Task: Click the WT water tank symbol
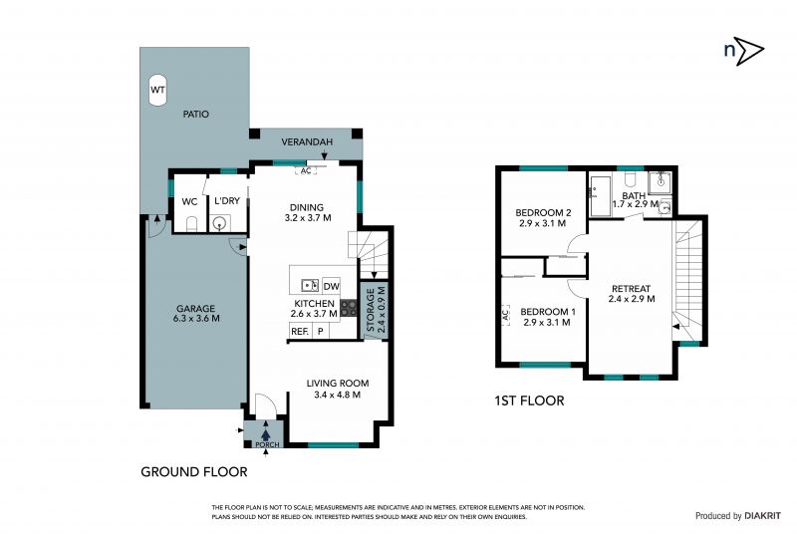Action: [x=157, y=90]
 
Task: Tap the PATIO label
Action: [x=195, y=115]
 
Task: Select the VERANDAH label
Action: [x=307, y=141]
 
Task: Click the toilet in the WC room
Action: [x=191, y=223]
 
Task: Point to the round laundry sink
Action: [x=219, y=223]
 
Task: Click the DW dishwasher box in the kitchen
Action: [x=331, y=286]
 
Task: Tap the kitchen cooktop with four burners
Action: [x=348, y=308]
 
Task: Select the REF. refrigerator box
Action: [x=300, y=332]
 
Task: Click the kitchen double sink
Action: [x=310, y=285]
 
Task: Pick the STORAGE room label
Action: [x=371, y=310]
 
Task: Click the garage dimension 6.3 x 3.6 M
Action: [x=196, y=319]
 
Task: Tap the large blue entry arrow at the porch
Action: [x=265, y=434]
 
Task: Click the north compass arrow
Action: [x=749, y=51]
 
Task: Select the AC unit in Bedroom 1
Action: [x=505, y=315]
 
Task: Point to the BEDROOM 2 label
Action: [x=543, y=212]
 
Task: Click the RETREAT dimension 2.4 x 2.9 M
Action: [x=632, y=299]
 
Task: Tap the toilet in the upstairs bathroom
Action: [x=631, y=178]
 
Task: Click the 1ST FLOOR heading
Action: [x=529, y=401]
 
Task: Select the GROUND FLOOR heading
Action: [x=193, y=472]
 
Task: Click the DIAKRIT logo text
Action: [x=762, y=516]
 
